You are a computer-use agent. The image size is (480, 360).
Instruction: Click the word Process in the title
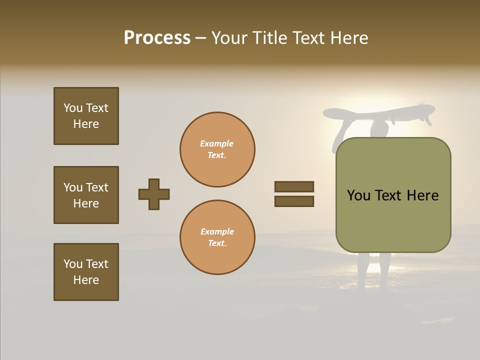[x=157, y=38]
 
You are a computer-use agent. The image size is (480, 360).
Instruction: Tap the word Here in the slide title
[x=347, y=38]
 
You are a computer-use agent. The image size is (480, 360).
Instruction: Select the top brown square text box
[x=86, y=116]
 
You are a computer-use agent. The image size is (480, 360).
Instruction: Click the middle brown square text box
[x=86, y=195]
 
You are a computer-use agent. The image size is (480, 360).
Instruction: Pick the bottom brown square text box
[x=86, y=272]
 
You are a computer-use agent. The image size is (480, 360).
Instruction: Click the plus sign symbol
[x=154, y=194]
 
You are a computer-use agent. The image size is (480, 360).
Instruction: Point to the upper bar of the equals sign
[x=294, y=186]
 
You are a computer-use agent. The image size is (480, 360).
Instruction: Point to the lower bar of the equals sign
[x=294, y=201]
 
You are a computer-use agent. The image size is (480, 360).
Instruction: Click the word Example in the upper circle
[x=217, y=143]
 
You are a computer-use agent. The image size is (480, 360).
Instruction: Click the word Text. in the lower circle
[x=217, y=243]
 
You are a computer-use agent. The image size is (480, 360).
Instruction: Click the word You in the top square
[x=72, y=108]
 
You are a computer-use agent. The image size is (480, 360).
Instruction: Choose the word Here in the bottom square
[x=86, y=280]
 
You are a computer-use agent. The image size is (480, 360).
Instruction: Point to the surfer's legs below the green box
[x=374, y=270]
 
